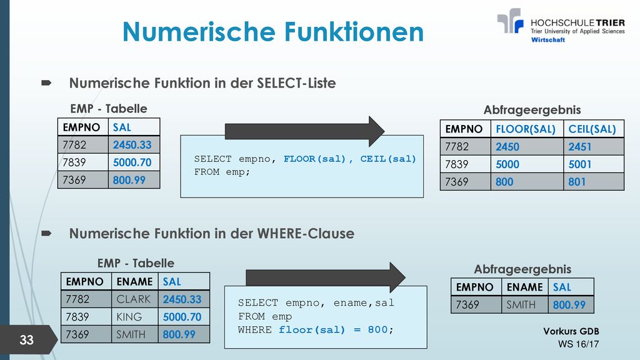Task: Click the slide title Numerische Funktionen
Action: [x=273, y=32]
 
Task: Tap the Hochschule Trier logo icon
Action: [x=510, y=21]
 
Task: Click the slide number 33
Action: [x=26, y=339]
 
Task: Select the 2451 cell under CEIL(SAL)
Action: [x=594, y=146]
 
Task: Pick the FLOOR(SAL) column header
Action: [x=526, y=129]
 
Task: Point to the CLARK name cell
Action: [x=134, y=299]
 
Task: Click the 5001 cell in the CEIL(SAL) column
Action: [x=594, y=164]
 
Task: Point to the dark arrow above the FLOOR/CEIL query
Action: [x=304, y=131]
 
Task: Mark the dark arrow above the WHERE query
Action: [x=326, y=277]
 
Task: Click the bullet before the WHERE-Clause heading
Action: [x=46, y=234]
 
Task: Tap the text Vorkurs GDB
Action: [x=571, y=331]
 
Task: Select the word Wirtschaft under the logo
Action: [x=547, y=39]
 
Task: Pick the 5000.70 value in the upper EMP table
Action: [x=132, y=162]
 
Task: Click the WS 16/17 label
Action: [x=578, y=344]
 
